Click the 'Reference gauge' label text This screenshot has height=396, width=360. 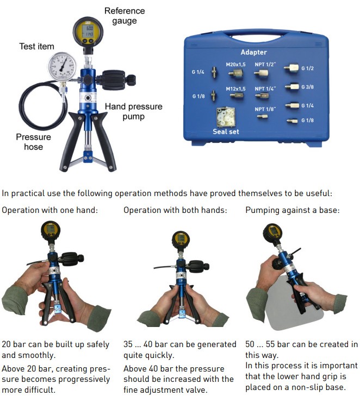tap(125, 16)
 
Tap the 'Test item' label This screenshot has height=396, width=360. tap(36, 47)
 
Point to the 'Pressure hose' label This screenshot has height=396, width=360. tap(33, 142)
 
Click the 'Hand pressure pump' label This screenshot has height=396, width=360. tap(133, 111)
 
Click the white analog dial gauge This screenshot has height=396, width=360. tap(62, 67)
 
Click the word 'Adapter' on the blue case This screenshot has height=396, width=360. tap(253, 52)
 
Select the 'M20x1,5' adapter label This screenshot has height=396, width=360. tap(235, 65)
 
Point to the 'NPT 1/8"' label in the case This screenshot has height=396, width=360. tap(265, 109)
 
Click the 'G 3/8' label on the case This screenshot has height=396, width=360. tap(307, 87)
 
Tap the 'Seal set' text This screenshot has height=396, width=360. tap(226, 131)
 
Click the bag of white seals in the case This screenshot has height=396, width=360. tap(226, 117)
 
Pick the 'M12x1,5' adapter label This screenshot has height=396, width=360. tap(235, 89)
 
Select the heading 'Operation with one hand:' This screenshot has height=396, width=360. tap(50, 210)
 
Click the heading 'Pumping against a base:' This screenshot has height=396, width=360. tap(293, 210)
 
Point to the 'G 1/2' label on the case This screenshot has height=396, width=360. tap(307, 68)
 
